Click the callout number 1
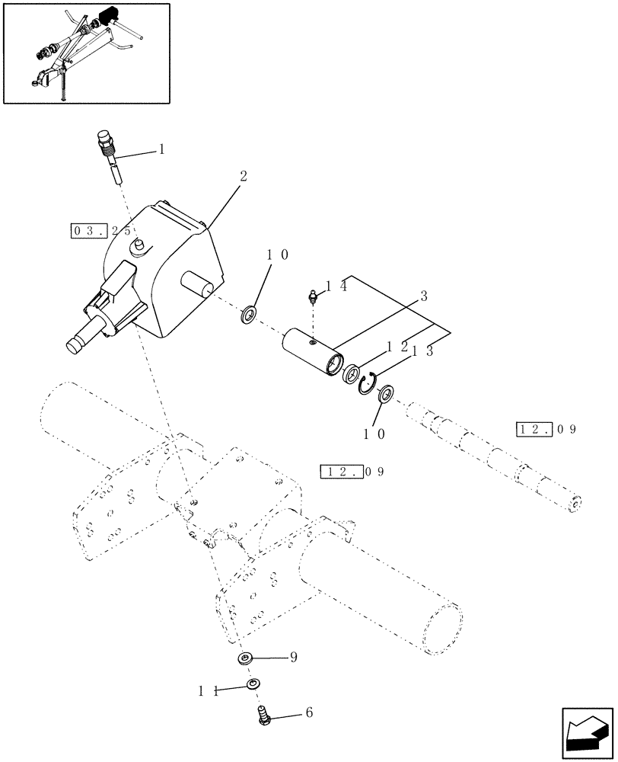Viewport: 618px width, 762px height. [x=161, y=150]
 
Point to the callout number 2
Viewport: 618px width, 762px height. [x=243, y=175]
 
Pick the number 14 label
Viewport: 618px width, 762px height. [x=336, y=287]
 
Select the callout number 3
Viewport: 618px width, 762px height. [x=423, y=295]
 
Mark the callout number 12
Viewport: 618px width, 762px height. [x=397, y=347]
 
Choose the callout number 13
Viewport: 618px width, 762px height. [x=423, y=351]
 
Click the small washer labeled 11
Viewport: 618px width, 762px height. [x=252, y=685]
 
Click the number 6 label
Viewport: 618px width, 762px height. [x=307, y=713]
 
